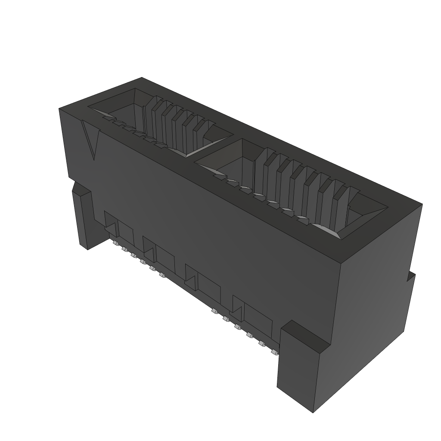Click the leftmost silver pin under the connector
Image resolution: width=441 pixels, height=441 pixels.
coord(115,244)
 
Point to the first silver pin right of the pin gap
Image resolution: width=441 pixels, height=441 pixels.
coord(214,311)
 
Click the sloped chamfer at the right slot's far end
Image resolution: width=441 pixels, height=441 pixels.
coord(366,215)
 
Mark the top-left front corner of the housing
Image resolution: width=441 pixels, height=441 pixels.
coord(60,110)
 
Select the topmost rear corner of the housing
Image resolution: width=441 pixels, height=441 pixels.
coord(142,78)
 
